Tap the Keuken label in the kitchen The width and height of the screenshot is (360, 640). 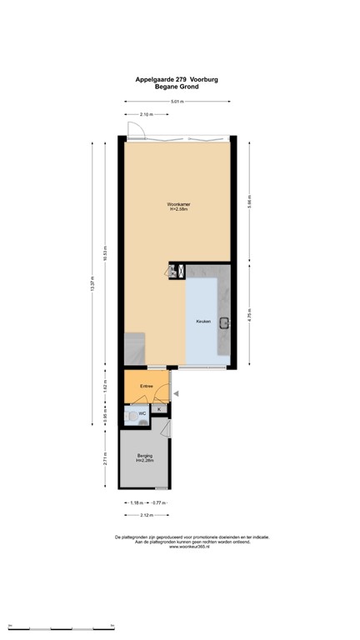pos(203,321)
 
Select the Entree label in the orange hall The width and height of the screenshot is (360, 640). pos(147,386)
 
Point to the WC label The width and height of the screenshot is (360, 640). pos(142,412)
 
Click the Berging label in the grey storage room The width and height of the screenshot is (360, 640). pos(144,455)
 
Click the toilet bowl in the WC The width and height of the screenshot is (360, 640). pos(131,414)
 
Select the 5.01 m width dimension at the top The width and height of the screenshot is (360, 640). pos(177,102)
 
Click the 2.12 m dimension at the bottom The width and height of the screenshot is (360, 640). pos(147,516)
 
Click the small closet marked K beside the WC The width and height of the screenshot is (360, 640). pos(158,408)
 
